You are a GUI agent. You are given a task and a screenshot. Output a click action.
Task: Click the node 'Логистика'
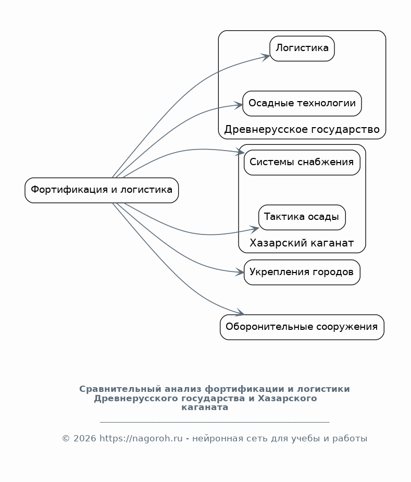[302, 48]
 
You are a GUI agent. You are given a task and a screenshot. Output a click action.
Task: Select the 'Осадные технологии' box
[302, 103]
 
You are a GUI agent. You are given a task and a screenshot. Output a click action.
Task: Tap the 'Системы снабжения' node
[302, 163]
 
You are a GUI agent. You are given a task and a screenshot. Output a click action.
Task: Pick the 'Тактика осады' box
[302, 217]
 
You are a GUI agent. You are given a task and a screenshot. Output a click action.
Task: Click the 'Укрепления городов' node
[302, 273]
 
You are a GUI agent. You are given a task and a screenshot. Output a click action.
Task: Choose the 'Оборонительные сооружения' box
[302, 327]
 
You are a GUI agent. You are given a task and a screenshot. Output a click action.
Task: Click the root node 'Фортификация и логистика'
[102, 190]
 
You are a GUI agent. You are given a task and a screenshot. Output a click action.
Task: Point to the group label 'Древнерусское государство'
[302, 129]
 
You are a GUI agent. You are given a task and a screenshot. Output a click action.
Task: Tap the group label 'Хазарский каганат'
[302, 243]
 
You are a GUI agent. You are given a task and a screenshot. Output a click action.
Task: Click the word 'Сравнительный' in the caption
[120, 389]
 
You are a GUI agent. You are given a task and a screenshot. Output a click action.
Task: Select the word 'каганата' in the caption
[205, 407]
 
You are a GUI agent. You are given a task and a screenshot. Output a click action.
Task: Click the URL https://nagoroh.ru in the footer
[141, 439]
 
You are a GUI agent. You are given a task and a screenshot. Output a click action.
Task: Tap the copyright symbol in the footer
[66, 439]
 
